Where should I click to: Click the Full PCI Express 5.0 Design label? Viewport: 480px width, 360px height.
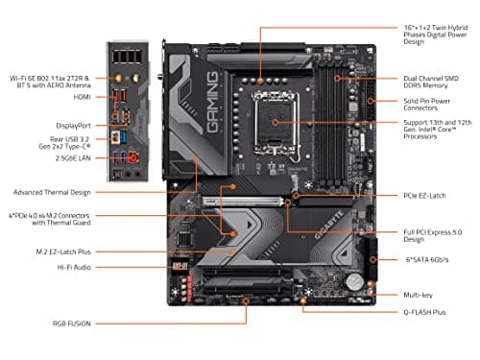click(433, 235)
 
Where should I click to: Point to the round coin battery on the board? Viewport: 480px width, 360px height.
click(356, 282)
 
